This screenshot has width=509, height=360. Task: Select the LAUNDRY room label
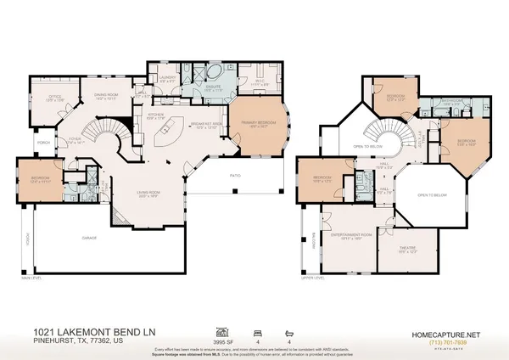[166, 77]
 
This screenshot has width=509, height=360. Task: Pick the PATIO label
[235, 175]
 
